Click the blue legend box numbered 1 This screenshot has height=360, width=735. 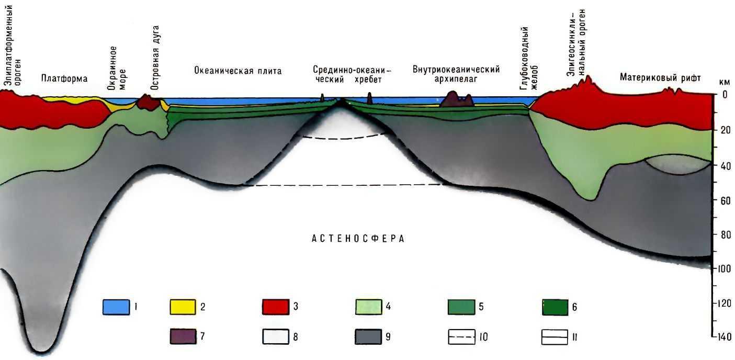[115, 307]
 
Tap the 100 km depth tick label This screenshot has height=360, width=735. [725, 269]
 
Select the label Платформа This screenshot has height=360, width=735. [64, 78]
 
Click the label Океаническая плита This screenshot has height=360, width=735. [238, 71]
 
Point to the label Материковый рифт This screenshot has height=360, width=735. [660, 78]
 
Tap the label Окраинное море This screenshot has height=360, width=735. [116, 68]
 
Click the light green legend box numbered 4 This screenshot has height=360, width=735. [368, 307]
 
